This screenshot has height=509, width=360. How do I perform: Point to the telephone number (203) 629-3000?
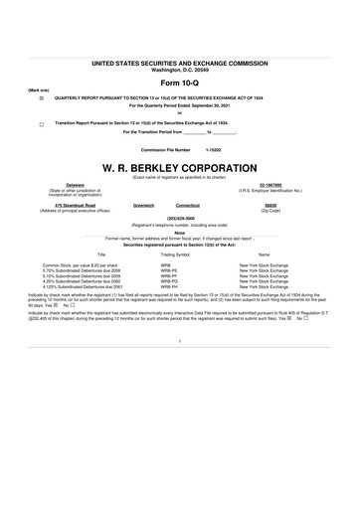(180, 219)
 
